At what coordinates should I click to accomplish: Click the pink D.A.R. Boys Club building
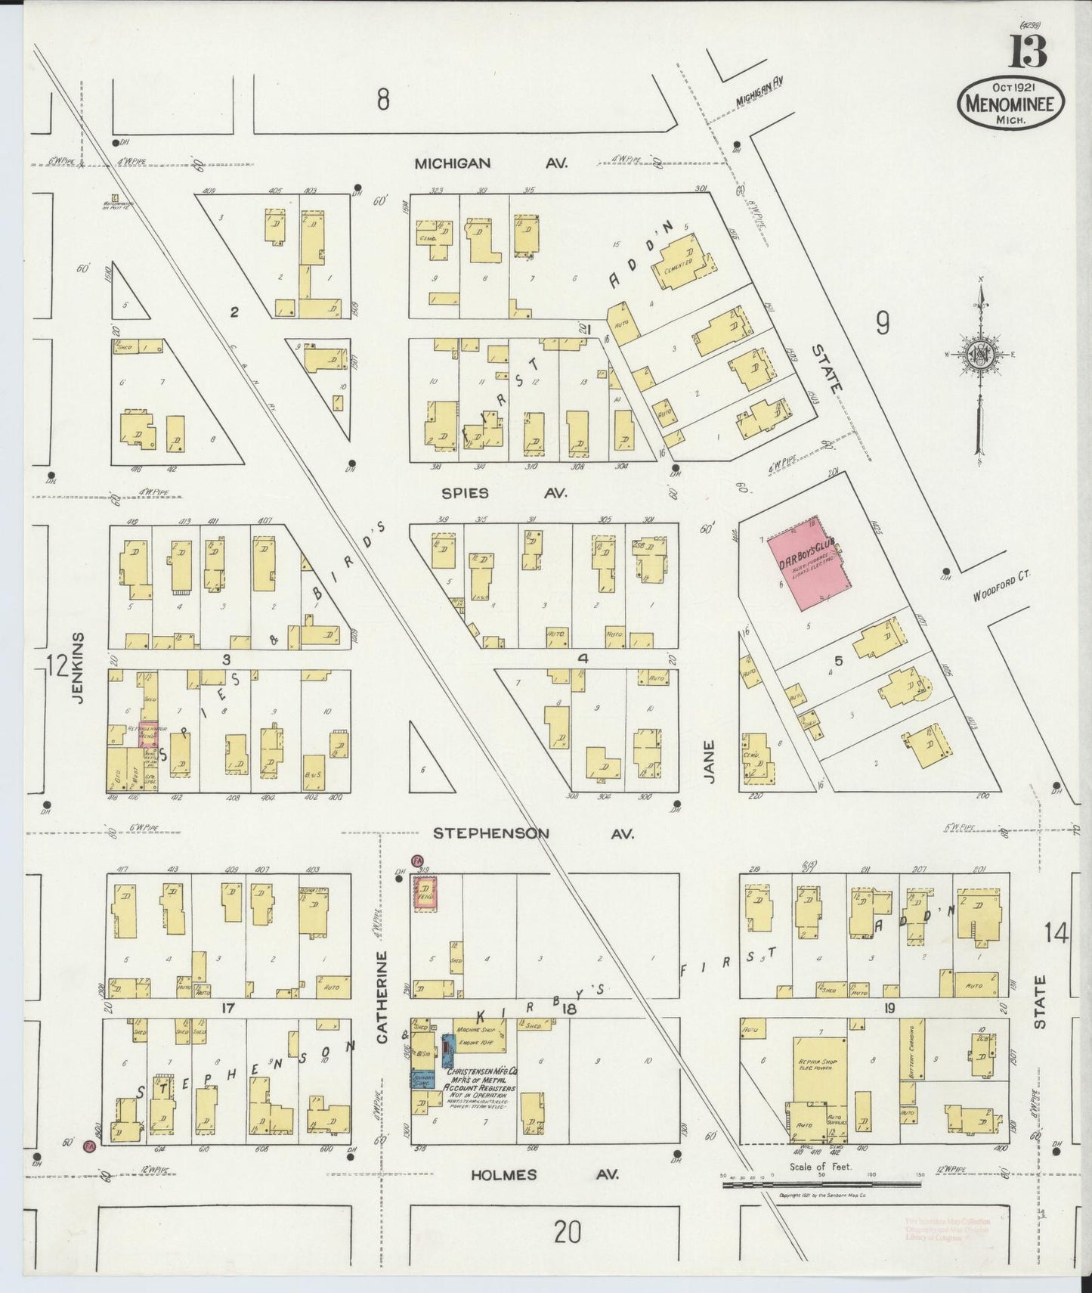[808, 564]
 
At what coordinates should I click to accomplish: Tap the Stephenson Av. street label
[534, 833]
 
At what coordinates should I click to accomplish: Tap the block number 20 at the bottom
[567, 1234]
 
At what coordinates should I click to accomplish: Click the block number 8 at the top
[384, 99]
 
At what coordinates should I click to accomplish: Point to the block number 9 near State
[883, 324]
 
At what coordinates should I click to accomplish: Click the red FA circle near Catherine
[416, 860]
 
